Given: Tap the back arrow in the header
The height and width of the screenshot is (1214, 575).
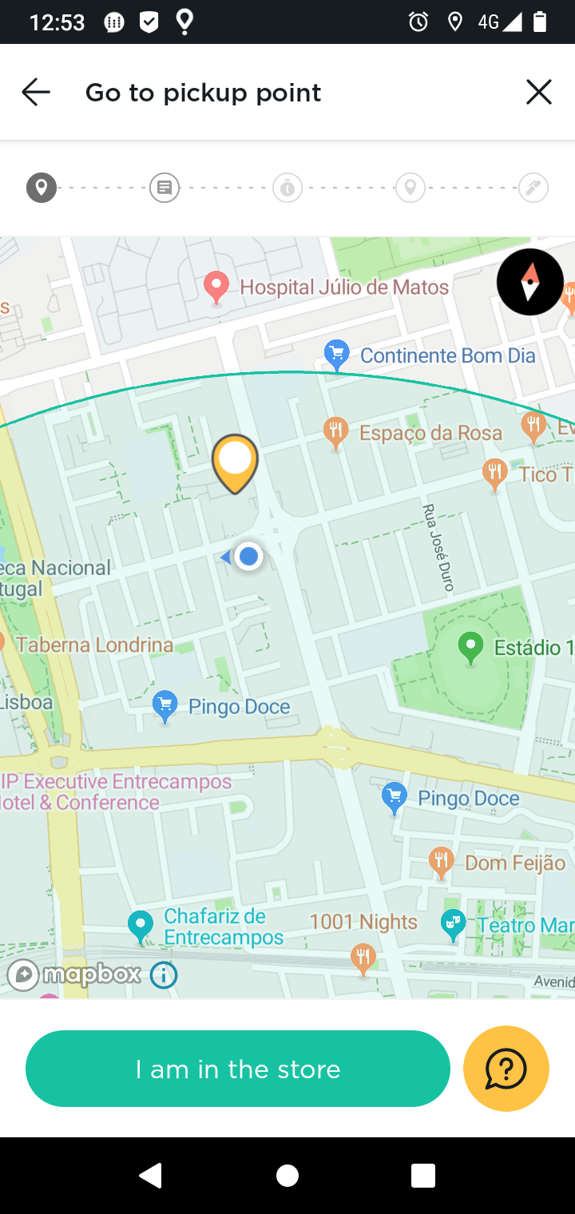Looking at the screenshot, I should [36, 93].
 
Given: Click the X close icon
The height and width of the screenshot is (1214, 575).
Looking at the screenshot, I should [539, 93].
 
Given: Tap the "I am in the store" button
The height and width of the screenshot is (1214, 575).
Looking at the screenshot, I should [238, 1069].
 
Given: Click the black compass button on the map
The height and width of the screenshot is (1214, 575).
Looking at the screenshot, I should [530, 282].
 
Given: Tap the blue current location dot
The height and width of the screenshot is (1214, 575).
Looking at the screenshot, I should [249, 556].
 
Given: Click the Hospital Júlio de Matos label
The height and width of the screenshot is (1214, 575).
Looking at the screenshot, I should [344, 287].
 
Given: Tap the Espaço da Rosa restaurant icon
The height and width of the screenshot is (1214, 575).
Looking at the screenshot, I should [336, 432].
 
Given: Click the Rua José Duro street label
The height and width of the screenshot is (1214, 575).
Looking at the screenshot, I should [438, 548].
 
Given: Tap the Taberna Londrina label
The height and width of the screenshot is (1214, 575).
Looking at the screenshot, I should [94, 645].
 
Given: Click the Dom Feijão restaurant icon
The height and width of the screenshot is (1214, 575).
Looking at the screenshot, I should [440, 861].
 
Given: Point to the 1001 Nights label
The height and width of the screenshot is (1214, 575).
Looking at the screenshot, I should [363, 922].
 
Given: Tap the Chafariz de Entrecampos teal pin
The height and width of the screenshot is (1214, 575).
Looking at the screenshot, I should [141, 926].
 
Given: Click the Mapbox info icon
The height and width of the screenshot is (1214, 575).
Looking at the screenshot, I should [164, 974].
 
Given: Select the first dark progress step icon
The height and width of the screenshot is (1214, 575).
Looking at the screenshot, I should [42, 188].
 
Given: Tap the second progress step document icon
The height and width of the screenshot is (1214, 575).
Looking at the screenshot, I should [165, 188].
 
